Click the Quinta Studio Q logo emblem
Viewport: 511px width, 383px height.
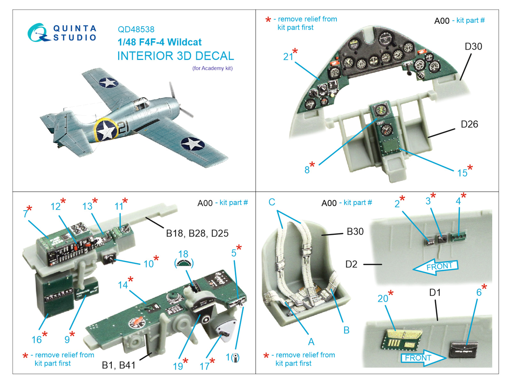(38, 33)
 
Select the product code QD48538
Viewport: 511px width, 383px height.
(136, 29)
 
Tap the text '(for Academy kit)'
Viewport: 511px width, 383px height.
(212, 68)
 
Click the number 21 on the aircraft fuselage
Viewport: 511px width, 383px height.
(123, 128)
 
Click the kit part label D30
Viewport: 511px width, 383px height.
(473, 47)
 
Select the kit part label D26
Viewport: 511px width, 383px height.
(469, 124)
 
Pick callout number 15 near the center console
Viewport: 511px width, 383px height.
(462, 173)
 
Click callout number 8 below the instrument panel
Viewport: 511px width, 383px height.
(307, 170)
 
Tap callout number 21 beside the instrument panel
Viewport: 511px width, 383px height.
(288, 57)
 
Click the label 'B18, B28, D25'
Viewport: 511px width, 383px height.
(197, 233)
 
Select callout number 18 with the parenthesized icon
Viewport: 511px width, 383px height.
(183, 254)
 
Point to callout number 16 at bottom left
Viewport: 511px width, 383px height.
(36, 340)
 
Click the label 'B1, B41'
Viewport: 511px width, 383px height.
(118, 365)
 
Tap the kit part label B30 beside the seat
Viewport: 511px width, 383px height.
(355, 231)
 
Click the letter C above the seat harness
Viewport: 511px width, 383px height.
(272, 202)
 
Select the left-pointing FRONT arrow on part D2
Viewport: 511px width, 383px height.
(436, 267)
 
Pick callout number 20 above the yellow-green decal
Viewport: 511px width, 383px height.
(383, 299)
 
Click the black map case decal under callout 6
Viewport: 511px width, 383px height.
(464, 349)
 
